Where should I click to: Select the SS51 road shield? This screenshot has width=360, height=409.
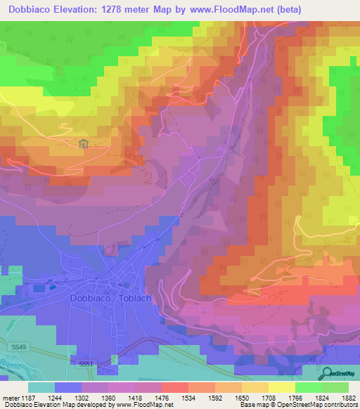[86, 363]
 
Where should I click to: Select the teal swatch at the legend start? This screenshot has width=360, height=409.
[41, 387]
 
